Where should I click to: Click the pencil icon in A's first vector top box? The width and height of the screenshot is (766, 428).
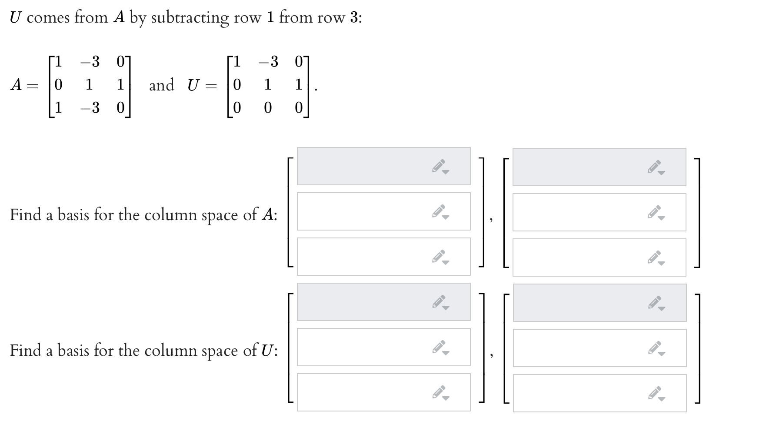pos(440,166)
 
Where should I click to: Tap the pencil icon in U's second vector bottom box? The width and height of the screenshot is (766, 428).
pos(656,394)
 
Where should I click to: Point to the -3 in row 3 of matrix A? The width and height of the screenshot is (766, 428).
pos(90,107)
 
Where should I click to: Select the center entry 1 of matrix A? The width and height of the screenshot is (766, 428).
pos(89,84)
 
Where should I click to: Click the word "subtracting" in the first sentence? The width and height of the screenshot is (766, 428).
pos(190,18)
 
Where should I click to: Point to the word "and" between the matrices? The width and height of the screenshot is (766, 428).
pos(162,85)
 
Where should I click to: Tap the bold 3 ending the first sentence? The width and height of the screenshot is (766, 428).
pos(354,18)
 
